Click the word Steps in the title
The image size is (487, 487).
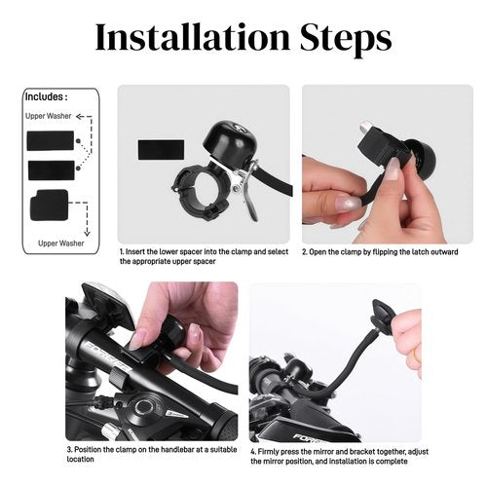pos(346,40)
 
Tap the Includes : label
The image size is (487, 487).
pos(47,96)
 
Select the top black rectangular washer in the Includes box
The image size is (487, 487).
pos(51,140)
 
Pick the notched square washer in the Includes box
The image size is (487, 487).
pos(50,206)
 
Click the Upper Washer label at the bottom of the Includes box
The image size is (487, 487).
pos(61,243)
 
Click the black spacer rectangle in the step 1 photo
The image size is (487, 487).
pos(161,150)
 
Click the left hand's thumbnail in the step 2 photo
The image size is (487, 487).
pos(348,203)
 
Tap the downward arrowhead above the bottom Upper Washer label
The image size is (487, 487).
pos(87,233)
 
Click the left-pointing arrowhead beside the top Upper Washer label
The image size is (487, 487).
pos(79,117)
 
